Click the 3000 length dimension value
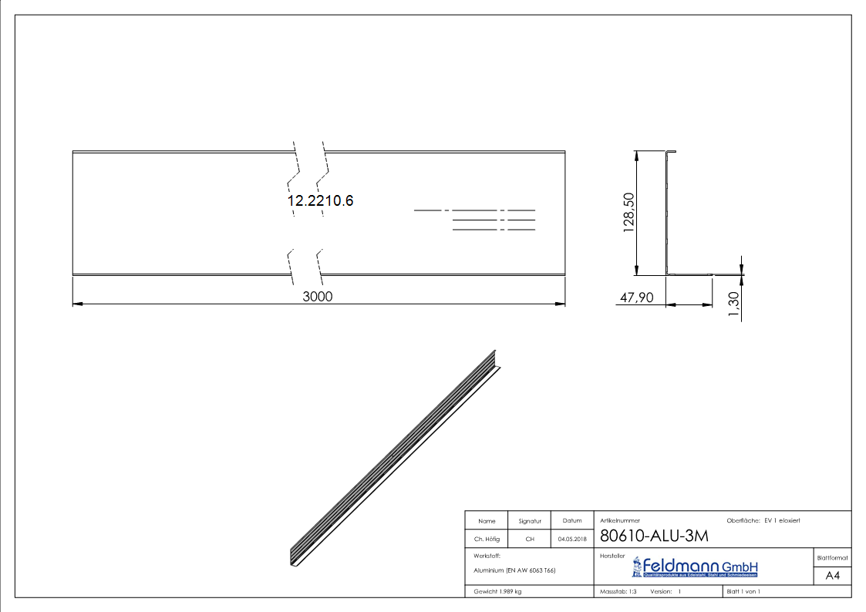[318, 297]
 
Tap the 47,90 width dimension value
[636, 297]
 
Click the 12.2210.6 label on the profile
[320, 200]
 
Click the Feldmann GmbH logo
[695, 568]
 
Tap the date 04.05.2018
[572, 540]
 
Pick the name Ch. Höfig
[487, 540]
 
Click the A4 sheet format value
[832, 576]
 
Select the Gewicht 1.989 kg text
[498, 591]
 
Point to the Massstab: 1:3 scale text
[618, 591]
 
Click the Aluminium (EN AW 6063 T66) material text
[514, 570]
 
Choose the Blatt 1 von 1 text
[743, 591]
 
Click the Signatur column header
[530, 521]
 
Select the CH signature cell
[530, 540]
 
